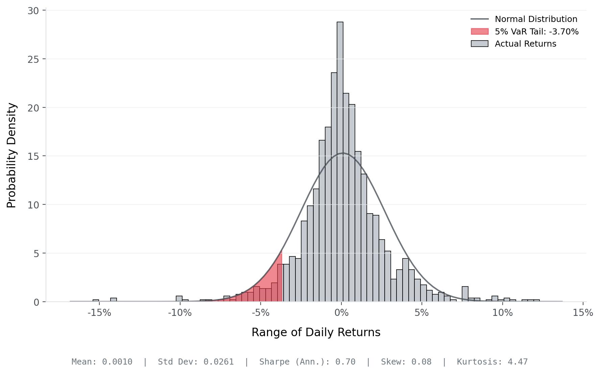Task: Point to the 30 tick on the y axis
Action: pyautogui.click(x=33, y=11)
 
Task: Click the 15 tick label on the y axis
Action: pyautogui.click(x=33, y=156)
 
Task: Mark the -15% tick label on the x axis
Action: pyautogui.click(x=99, y=313)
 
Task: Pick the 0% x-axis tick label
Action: pyautogui.click(x=341, y=313)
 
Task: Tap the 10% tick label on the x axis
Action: pyautogui.click(x=502, y=313)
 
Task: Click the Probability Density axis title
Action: pyautogui.click(x=11, y=155)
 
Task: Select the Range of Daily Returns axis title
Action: pyautogui.click(x=316, y=332)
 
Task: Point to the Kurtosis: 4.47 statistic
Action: pyautogui.click(x=492, y=362)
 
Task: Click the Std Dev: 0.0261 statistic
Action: pyautogui.click(x=196, y=362)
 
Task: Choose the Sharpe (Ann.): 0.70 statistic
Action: pyautogui.click(x=307, y=362)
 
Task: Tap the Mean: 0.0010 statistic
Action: pyautogui.click(x=102, y=362)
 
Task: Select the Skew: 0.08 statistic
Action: pyautogui.click(x=406, y=362)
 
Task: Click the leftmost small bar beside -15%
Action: pyautogui.click(x=96, y=300)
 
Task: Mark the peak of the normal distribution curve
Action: pyautogui.click(x=343, y=153)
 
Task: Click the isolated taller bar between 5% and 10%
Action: pyautogui.click(x=465, y=294)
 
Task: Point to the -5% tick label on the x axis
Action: pyautogui.click(x=261, y=313)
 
